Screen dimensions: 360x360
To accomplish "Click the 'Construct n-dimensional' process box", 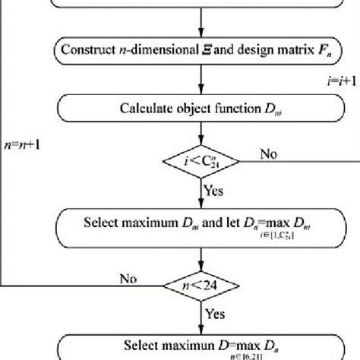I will coord(202,52).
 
